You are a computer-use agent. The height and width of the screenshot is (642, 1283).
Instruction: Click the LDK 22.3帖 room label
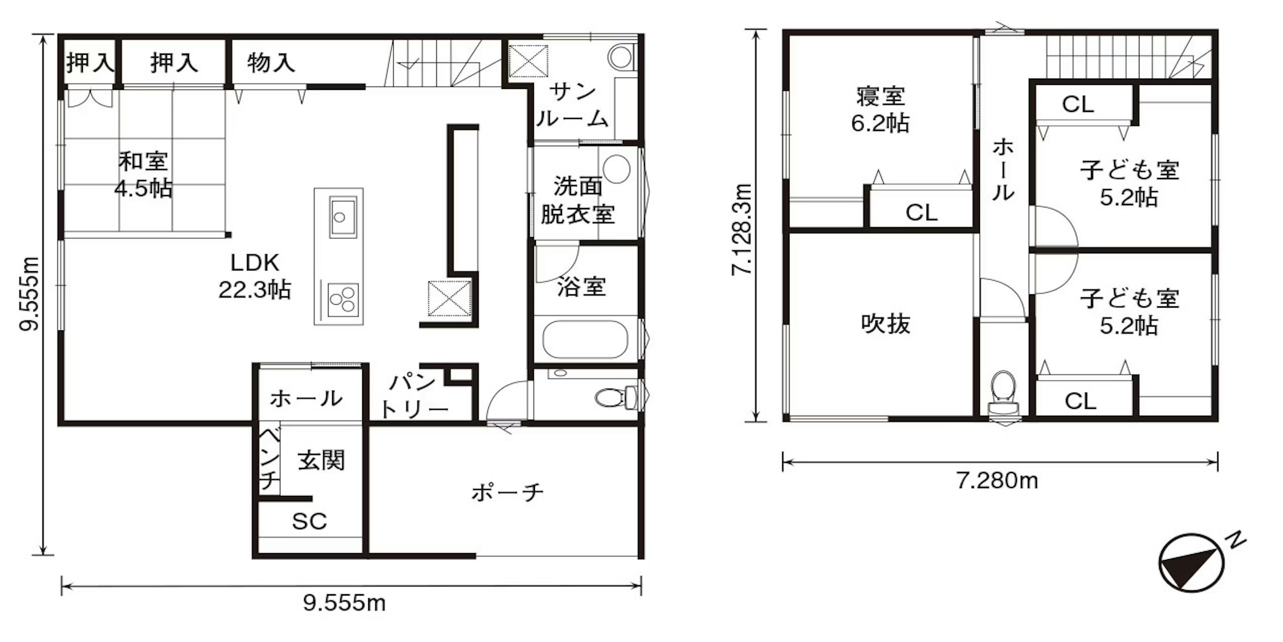point(255,276)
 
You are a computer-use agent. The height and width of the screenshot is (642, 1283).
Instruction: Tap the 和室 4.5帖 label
point(144,174)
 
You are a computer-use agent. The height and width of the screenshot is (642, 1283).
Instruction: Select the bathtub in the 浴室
point(585,339)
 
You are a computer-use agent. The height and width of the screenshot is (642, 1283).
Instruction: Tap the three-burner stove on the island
point(342,300)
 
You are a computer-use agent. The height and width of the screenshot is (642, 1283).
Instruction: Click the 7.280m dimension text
point(997,481)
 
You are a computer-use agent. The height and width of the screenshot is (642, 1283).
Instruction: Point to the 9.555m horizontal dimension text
point(344,603)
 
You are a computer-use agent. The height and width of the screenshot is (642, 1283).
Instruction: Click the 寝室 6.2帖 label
point(880,110)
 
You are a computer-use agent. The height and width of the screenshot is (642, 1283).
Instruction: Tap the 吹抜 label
point(886,324)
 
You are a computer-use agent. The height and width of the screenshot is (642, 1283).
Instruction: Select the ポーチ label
point(507,492)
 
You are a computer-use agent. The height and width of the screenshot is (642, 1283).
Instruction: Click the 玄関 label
point(321,461)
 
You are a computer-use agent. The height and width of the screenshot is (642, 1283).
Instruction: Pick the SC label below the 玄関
point(309,522)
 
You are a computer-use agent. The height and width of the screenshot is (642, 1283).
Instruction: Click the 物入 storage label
point(271,63)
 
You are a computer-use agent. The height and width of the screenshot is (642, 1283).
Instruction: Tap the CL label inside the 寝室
point(921,213)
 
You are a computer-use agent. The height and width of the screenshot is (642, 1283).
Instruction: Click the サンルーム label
point(573,106)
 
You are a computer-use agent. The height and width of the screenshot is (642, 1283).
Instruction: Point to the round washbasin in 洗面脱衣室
point(617,168)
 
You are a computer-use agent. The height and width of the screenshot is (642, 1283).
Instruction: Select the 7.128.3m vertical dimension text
point(741,230)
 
